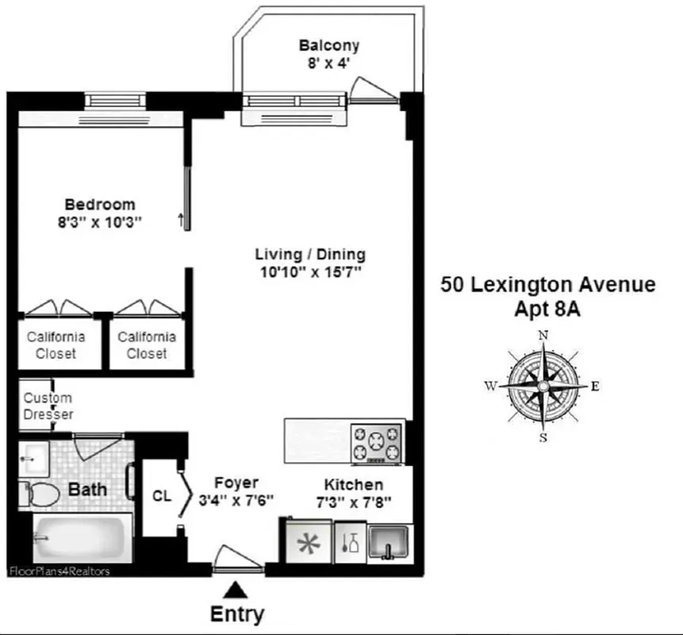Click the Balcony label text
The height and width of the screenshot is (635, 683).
pos(329,45)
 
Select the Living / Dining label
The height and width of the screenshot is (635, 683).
pos(310,255)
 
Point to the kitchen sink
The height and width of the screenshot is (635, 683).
pos(389,542)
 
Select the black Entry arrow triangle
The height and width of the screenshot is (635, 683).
pos(235,589)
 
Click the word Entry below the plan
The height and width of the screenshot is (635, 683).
pos(236,614)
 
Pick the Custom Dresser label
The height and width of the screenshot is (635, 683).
pos(48,406)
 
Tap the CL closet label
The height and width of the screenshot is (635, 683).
pos(161,496)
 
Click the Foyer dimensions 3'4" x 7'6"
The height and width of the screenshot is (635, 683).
pos(236,500)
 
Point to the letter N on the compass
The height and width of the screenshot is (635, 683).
pos(543,335)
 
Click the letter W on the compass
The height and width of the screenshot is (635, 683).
pos(491,386)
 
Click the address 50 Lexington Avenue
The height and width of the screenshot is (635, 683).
pos(547,284)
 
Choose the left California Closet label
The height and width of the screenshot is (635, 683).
pos(56,345)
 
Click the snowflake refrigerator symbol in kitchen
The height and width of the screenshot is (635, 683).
pos(306,545)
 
